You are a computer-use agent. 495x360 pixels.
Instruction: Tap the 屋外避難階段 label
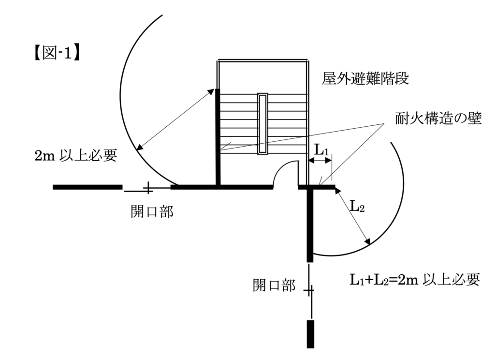coord(365,79)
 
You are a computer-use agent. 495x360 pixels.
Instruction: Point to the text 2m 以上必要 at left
coord(76,157)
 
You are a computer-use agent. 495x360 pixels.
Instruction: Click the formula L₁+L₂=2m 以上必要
coord(414,280)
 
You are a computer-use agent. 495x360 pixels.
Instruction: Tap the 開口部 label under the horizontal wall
coord(151,212)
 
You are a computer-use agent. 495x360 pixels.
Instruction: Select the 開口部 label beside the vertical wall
coord(274,285)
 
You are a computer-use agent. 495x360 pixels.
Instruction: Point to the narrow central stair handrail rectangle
coord(262,124)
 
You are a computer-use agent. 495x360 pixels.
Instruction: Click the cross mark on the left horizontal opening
coord(148,187)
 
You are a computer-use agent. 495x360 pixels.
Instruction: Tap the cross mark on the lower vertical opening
coord(309,290)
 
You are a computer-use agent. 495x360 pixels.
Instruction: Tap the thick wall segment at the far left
coord(87,187)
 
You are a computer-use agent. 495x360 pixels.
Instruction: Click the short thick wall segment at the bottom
coord(310,333)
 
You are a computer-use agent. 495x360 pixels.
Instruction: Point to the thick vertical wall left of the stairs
coord(218,140)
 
